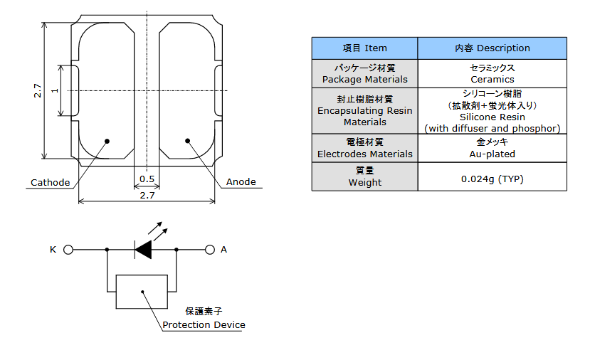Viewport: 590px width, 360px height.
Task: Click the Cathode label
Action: tap(50, 182)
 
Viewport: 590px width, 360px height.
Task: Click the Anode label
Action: tap(241, 181)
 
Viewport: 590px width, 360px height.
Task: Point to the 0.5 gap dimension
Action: tap(147, 179)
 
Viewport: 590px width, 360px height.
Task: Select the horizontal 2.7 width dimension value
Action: tap(147, 194)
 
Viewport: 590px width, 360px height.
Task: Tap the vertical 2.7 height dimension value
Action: tap(37, 91)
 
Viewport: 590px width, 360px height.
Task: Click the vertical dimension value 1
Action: tap(54, 91)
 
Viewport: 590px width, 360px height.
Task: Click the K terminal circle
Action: tap(69, 250)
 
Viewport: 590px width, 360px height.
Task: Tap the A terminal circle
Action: tap(210, 250)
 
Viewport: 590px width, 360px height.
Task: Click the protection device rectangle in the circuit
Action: tap(142, 291)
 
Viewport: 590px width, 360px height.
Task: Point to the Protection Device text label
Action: tap(204, 324)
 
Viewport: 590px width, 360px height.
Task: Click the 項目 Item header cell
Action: tap(364, 48)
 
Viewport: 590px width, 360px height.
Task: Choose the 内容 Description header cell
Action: tap(492, 48)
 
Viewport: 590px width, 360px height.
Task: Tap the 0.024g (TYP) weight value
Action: tap(492, 179)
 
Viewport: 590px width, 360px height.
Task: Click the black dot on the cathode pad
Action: tap(107, 141)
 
